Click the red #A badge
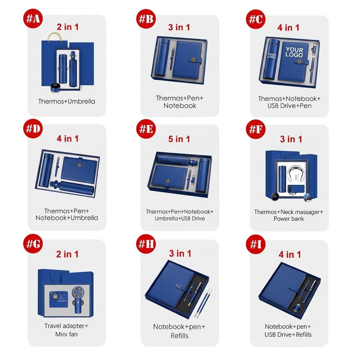(33, 18)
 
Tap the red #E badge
(146, 129)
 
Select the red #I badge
(256, 244)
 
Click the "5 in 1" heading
(179, 139)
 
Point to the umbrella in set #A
(72, 69)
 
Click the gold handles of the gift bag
(55, 37)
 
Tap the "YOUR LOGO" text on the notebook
(294, 52)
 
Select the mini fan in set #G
(78, 299)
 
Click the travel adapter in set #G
(59, 299)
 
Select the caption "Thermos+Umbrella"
(67, 101)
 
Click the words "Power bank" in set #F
(289, 219)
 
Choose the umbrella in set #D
(72, 187)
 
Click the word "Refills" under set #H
(179, 336)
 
